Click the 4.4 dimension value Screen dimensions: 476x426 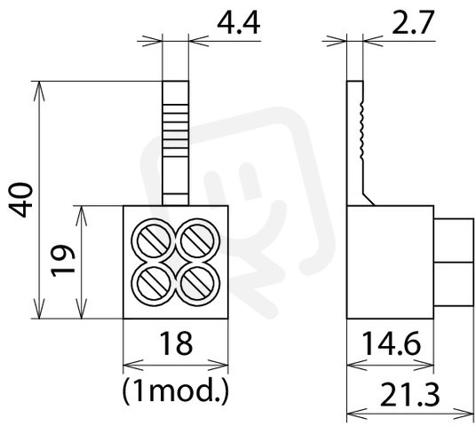click(x=239, y=24)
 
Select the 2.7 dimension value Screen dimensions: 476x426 click(x=412, y=23)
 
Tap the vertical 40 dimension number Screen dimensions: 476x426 click(x=20, y=200)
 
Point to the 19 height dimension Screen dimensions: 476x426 click(x=63, y=261)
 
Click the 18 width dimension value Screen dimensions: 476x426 click(x=176, y=343)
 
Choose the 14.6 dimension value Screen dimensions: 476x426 click(x=392, y=343)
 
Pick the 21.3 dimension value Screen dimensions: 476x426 click(x=409, y=395)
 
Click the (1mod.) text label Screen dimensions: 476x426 click(x=175, y=390)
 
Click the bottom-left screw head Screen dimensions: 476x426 click(x=154, y=284)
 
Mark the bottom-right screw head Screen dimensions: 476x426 click(x=198, y=284)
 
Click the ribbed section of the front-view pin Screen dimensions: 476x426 click(x=176, y=130)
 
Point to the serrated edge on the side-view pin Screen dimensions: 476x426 click(x=361, y=129)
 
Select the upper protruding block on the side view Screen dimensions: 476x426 click(x=454, y=240)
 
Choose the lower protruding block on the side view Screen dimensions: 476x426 click(x=454, y=284)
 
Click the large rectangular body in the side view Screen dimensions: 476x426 click(x=390, y=262)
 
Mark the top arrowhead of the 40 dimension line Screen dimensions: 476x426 click(x=39, y=91)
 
